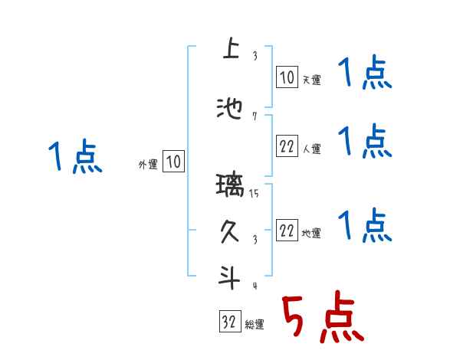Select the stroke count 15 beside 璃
[x=254, y=194]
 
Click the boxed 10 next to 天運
[x=287, y=77]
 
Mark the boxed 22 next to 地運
[x=287, y=231]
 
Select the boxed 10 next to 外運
[x=173, y=162]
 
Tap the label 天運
[x=312, y=79]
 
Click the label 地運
[x=312, y=233]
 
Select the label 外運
[x=148, y=163]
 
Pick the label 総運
[x=255, y=324]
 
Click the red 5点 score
[x=322, y=318]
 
